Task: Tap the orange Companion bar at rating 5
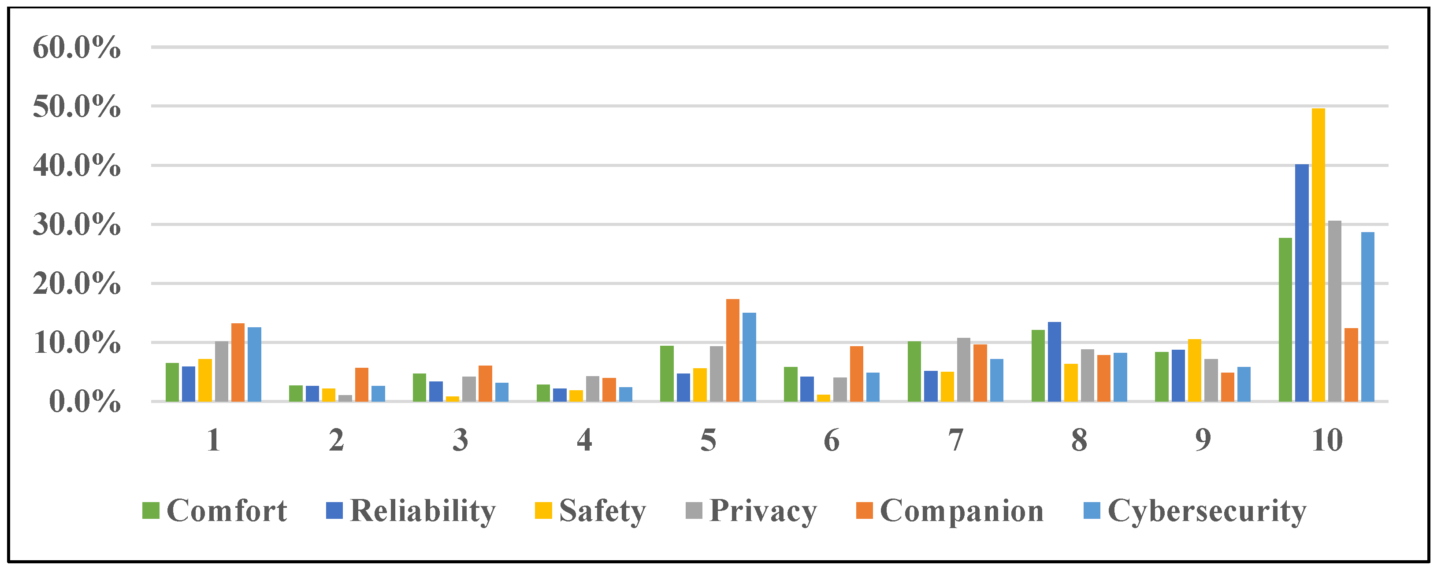point(732,350)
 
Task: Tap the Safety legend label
point(602,510)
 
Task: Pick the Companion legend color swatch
point(864,510)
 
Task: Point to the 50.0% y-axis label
point(77,106)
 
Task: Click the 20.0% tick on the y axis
point(77,284)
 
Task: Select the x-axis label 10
point(1326,440)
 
